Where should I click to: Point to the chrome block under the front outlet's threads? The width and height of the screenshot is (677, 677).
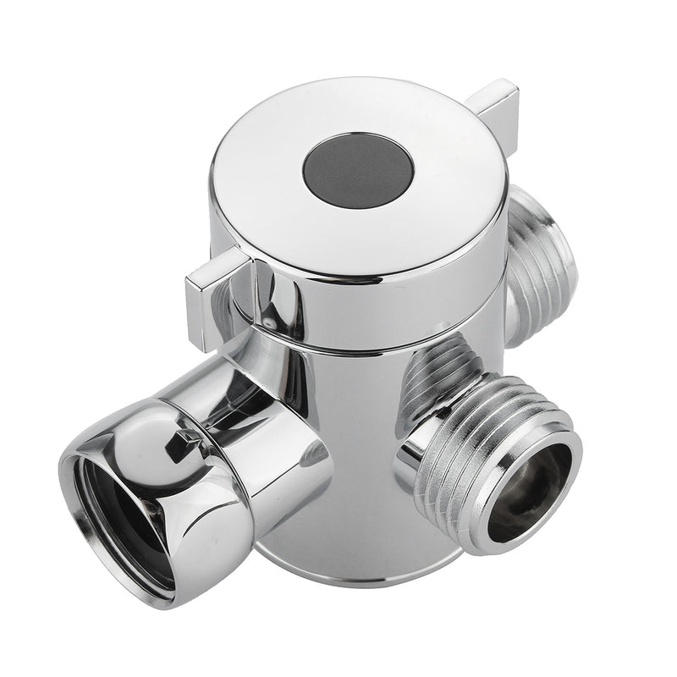(423, 508)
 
